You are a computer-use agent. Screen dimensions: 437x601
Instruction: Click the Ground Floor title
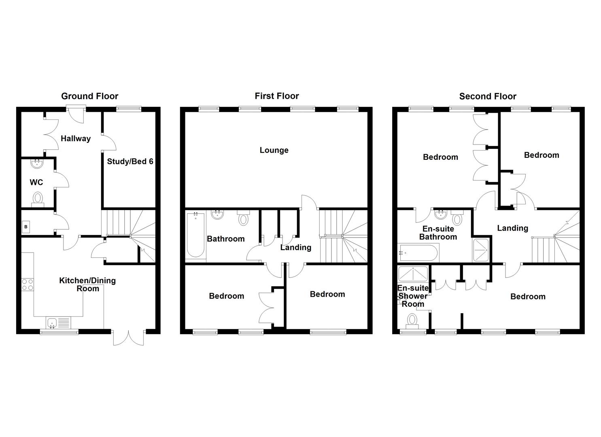pyautogui.click(x=89, y=96)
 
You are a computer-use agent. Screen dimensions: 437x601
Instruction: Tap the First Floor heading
pyautogui.click(x=277, y=96)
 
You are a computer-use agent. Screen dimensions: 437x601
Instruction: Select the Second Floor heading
pyautogui.click(x=488, y=96)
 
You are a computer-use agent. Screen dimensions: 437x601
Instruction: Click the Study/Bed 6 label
pyautogui.click(x=130, y=161)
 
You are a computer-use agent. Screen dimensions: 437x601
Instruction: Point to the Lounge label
pyautogui.click(x=274, y=150)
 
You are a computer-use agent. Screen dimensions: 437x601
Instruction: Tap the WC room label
pyautogui.click(x=36, y=182)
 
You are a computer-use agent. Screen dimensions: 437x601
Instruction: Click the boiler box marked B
pyautogui.click(x=26, y=227)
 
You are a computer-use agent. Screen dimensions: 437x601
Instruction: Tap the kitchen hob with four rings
pyautogui.click(x=28, y=284)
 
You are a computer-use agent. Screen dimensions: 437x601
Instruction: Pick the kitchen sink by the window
pyautogui.click(x=52, y=322)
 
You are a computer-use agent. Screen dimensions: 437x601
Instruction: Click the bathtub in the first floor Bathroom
pyautogui.click(x=196, y=235)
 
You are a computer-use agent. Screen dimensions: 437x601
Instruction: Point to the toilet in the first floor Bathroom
pyautogui.click(x=243, y=218)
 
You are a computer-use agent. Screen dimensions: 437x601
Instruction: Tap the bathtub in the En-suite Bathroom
pyautogui.click(x=418, y=253)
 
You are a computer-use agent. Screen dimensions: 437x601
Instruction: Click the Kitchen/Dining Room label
pyautogui.click(x=87, y=284)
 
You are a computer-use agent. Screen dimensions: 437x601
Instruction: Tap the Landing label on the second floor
pyautogui.click(x=512, y=228)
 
